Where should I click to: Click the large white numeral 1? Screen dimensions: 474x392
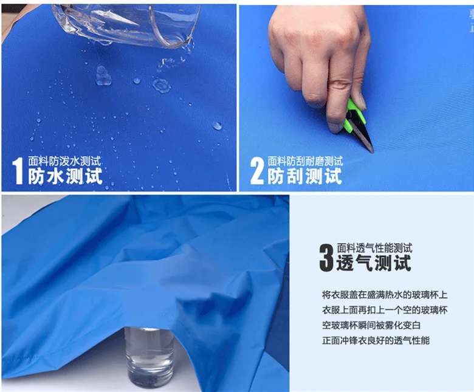tap(18, 171)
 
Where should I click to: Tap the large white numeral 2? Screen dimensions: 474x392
tap(257, 171)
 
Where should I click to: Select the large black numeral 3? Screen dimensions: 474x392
tap(326, 258)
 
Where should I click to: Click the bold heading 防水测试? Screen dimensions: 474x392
tap(65, 176)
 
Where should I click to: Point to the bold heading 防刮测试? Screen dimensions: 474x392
tap(304, 176)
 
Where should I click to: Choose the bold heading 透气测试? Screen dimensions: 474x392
tap(374, 263)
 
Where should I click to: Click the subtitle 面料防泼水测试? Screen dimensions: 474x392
tap(64, 161)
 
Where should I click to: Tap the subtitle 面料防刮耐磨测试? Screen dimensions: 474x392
tap(305, 161)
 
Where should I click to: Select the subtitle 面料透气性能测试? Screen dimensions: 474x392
tap(374, 248)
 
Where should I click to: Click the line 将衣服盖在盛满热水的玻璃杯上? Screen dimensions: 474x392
tap(385, 295)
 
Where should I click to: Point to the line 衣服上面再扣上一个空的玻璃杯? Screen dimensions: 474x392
tap(385, 310)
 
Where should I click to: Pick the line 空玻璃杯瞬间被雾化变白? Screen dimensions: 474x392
tap(371, 326)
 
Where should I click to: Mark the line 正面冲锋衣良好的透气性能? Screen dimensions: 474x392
tap(376, 340)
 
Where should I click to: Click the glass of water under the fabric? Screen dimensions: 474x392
tap(149, 357)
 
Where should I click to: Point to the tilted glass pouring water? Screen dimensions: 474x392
tap(127, 24)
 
